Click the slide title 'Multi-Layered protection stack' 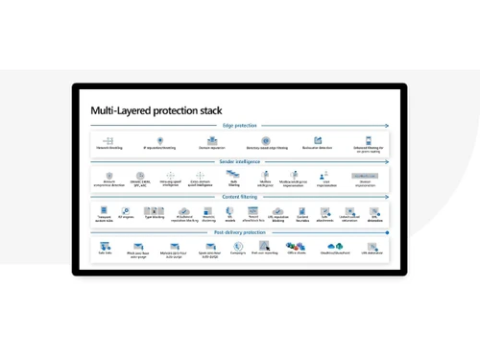156,110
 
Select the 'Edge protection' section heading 240,126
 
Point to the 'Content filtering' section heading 240,197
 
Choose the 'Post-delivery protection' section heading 240,232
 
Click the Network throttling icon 108,140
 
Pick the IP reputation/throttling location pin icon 159,140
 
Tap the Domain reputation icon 212,140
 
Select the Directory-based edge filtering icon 265,140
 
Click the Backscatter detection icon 317,140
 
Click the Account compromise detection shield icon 109,176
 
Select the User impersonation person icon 325,175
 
